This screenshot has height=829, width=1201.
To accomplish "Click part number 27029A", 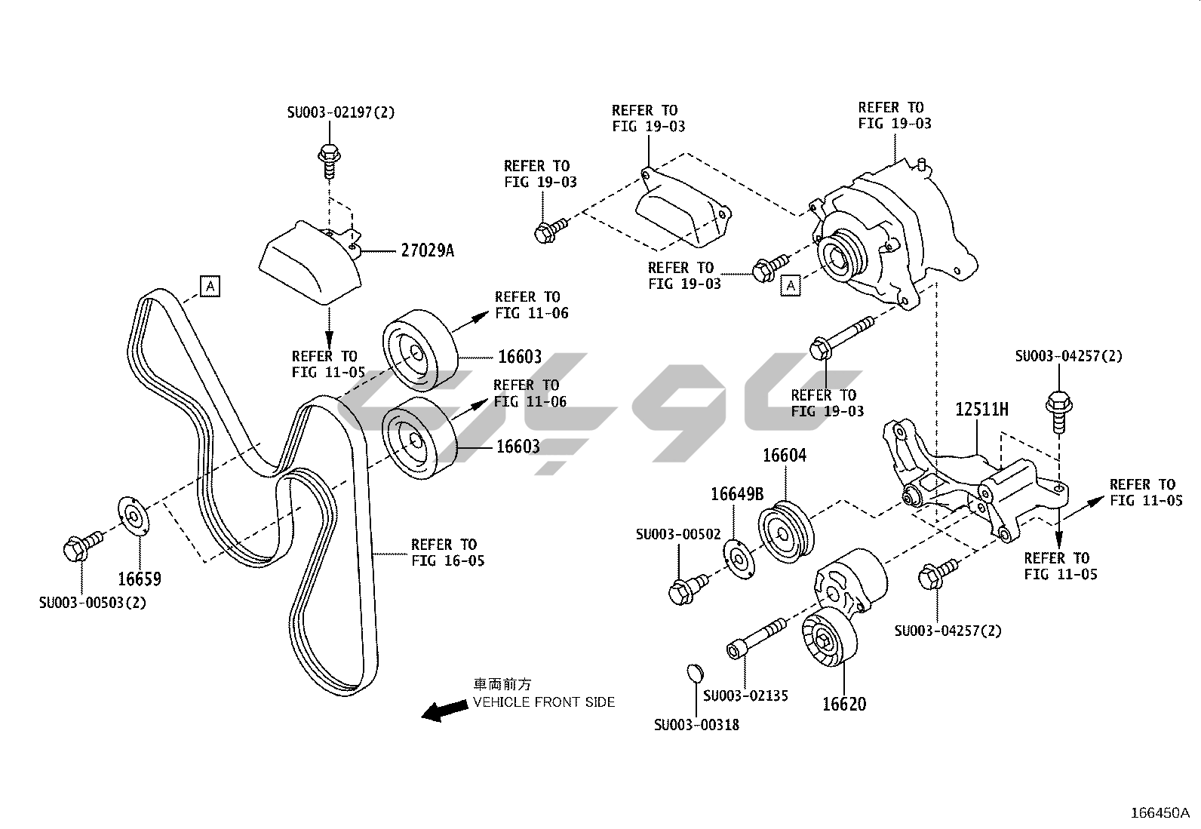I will pyautogui.click(x=427, y=250).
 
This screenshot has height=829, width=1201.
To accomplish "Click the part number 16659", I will pyautogui.click(x=140, y=579).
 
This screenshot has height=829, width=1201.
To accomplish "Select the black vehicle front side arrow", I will pyautogui.click(x=444, y=710).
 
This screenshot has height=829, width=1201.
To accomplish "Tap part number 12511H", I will pyautogui.click(x=981, y=410).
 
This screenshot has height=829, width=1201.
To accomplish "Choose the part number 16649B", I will pyautogui.click(x=737, y=494).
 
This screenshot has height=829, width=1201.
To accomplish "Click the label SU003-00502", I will pyautogui.click(x=678, y=534).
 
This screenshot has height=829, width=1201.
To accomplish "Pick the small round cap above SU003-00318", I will pyautogui.click(x=694, y=672).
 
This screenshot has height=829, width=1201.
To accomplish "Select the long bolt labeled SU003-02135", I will pyautogui.click(x=757, y=638).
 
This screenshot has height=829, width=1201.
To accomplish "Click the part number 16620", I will pyautogui.click(x=843, y=704).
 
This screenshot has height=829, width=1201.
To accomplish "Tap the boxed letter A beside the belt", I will pyautogui.click(x=210, y=287).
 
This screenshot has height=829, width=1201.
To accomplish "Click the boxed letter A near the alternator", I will pyautogui.click(x=790, y=285).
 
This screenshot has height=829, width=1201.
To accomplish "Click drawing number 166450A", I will pyautogui.click(x=1160, y=812).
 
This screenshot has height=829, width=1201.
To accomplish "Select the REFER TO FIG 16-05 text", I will pyautogui.click(x=447, y=552).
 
